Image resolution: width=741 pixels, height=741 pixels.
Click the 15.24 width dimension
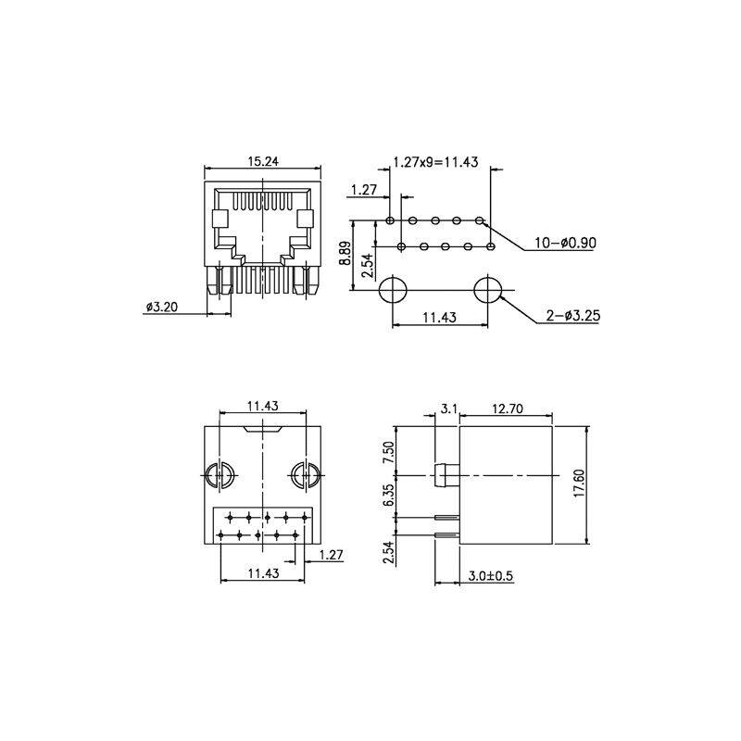click(x=263, y=161)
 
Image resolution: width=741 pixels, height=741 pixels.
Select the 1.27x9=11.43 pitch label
click(x=435, y=162)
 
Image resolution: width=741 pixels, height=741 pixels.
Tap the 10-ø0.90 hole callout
click(x=565, y=243)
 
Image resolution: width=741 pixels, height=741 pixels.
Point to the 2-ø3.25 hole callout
click(x=572, y=315)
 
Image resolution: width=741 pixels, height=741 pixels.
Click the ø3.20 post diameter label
click(x=162, y=307)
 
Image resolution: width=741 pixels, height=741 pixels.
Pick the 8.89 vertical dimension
click(x=345, y=253)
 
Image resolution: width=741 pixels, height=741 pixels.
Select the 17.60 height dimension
click(x=580, y=484)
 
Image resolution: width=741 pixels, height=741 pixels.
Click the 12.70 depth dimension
click(x=508, y=408)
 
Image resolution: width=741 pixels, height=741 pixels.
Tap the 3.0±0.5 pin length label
click(x=491, y=575)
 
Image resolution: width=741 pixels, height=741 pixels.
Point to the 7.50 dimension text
click(x=388, y=453)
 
